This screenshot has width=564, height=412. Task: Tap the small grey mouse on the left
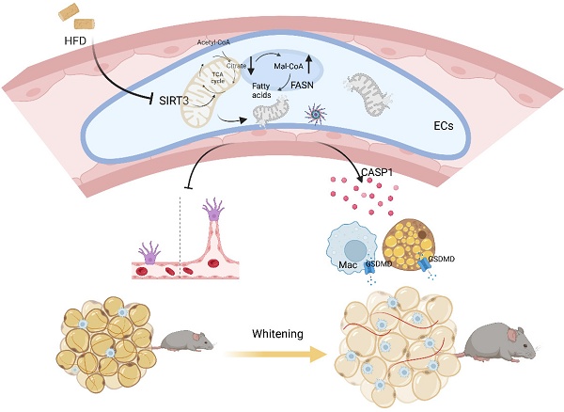click(183, 337)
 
